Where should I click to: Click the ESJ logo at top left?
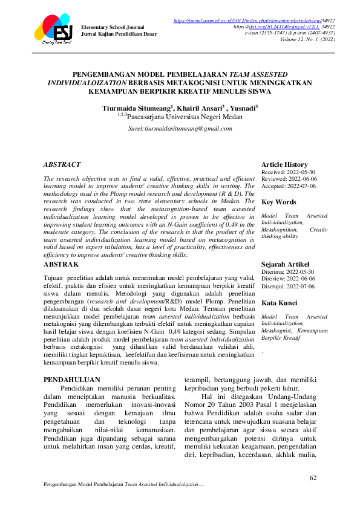pyautogui.click(x=53, y=28)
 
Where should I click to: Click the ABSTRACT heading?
pyautogui.click(x=62, y=164)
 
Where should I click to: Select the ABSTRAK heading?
pyautogui.click(x=61, y=265)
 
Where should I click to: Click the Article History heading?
pyautogui.click(x=284, y=164)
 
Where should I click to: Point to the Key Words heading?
pyautogui.click(x=278, y=202)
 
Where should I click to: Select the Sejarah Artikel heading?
pyautogui.click(x=286, y=264)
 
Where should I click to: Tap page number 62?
pyautogui.click(x=313, y=478)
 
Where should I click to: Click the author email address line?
pyautogui.click(x=180, y=129)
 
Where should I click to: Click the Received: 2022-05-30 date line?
pyautogui.click(x=288, y=172)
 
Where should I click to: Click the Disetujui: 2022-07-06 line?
pyautogui.click(x=288, y=287)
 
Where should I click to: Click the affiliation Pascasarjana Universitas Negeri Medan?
pyautogui.click(x=180, y=119)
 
